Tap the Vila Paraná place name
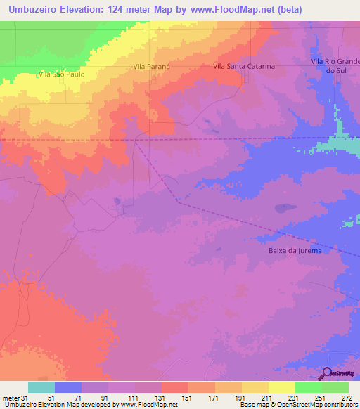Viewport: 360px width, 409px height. pyautogui.click(x=152, y=66)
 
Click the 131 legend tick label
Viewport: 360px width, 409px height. pyautogui.click(x=160, y=397)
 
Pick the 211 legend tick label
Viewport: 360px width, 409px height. pyautogui.click(x=269, y=397)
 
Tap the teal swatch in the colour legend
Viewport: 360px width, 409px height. pyautogui.click(x=41, y=387)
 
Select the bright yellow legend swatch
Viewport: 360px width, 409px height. pyautogui.click(x=281, y=387)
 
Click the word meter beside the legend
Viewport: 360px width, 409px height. pyautogui.click(x=11, y=397)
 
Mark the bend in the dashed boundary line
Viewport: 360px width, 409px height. pyautogui.click(x=179, y=202)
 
